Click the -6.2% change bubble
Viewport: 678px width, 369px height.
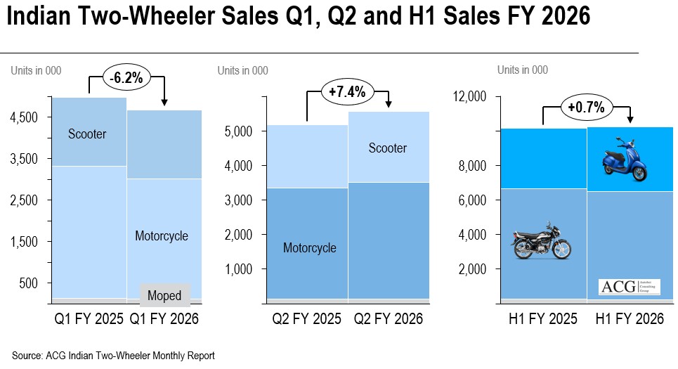click(x=126, y=78)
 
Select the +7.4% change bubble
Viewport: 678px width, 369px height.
click(x=344, y=91)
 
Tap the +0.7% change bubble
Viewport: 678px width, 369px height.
click(x=587, y=108)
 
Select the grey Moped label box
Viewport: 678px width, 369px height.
click(x=164, y=296)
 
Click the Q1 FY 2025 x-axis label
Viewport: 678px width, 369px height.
click(x=89, y=319)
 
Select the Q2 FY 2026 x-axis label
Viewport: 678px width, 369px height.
click(x=388, y=319)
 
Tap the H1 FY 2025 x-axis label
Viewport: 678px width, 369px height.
click(x=543, y=319)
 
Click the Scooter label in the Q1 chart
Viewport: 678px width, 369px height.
click(x=87, y=134)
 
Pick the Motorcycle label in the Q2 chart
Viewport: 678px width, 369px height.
click(x=310, y=247)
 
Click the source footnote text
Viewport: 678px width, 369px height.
click(x=113, y=356)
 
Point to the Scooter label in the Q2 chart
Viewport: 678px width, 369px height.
click(x=388, y=148)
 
